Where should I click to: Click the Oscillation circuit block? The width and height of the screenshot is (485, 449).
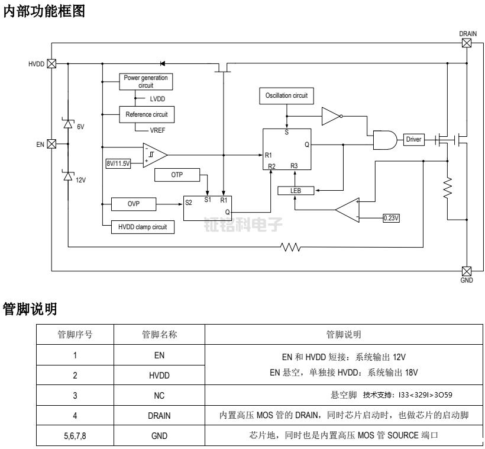[286, 95]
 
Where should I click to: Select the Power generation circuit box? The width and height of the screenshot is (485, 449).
[145, 82]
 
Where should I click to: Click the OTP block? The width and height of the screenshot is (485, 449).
[177, 175]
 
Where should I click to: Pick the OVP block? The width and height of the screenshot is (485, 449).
[134, 204]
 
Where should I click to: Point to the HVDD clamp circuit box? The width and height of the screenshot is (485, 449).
[143, 226]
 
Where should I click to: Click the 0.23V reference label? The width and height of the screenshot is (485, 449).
[392, 218]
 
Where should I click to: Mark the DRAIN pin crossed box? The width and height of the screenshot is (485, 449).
[467, 43]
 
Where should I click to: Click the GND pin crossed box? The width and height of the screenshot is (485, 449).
[467, 270]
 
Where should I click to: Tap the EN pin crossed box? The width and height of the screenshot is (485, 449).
[51, 143]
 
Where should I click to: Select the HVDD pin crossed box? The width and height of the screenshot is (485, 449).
[51, 63]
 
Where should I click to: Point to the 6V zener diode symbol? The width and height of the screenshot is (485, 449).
[68, 124]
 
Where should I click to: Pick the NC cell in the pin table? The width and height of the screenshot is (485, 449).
[159, 395]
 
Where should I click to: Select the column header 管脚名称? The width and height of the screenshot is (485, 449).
[159, 334]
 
